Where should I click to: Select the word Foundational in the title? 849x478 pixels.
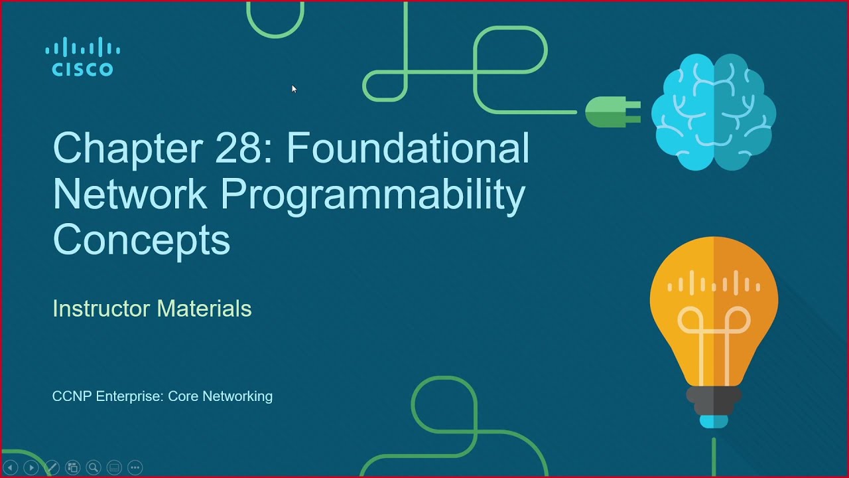[x=408, y=148]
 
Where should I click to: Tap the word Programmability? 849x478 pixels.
[x=373, y=194]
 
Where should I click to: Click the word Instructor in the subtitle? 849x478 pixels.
[x=101, y=309]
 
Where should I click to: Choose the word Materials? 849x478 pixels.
[x=204, y=309]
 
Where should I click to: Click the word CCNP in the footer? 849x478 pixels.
[x=72, y=396]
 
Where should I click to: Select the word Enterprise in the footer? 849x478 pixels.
[x=130, y=396]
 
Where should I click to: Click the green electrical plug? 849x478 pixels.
[x=612, y=112]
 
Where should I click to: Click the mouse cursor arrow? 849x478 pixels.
[x=294, y=88]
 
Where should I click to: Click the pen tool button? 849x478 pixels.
[x=52, y=467]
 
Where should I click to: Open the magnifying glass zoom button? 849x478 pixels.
[x=94, y=467]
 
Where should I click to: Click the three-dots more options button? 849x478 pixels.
[x=135, y=467]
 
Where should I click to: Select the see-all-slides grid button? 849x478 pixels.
[x=73, y=467]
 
